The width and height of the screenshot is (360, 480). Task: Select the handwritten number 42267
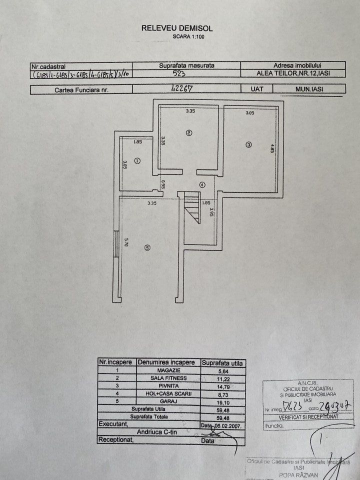[x=183, y=89]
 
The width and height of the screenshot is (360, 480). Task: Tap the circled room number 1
[x=138, y=160]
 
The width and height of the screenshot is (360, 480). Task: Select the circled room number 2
[x=188, y=133]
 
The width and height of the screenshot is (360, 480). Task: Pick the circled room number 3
[x=248, y=145]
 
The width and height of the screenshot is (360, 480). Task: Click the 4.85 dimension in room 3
[x=272, y=148]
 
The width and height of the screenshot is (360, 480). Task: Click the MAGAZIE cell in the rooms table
[x=168, y=371]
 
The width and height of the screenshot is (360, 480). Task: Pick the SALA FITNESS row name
[x=168, y=378]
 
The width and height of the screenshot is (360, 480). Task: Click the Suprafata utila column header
[x=222, y=362]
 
